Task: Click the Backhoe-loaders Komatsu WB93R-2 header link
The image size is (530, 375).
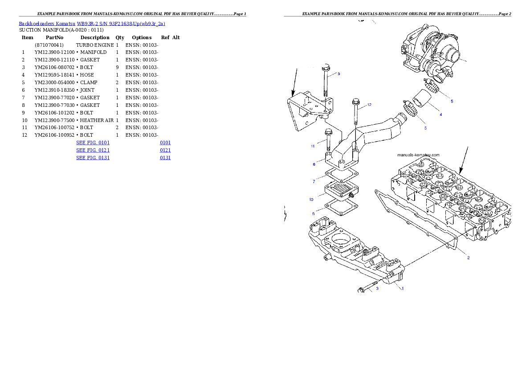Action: click(92, 24)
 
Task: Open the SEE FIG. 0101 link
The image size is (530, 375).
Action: click(93, 143)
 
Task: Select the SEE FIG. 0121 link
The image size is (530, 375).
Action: click(93, 150)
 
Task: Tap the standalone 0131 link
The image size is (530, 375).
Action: click(165, 158)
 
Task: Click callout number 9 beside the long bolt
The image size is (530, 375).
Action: click(338, 74)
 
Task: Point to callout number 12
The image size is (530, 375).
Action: click(369, 105)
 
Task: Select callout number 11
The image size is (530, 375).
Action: click(313, 146)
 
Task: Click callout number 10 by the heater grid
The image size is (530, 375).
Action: click(311, 199)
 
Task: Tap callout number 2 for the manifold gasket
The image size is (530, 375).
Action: click(468, 257)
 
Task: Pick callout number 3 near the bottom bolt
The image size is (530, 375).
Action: click(377, 289)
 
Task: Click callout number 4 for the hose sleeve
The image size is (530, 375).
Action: click(440, 114)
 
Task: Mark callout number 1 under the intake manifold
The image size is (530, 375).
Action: click(403, 288)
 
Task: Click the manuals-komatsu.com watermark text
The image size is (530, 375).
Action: click(418, 155)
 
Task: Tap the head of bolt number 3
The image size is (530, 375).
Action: click(361, 291)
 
